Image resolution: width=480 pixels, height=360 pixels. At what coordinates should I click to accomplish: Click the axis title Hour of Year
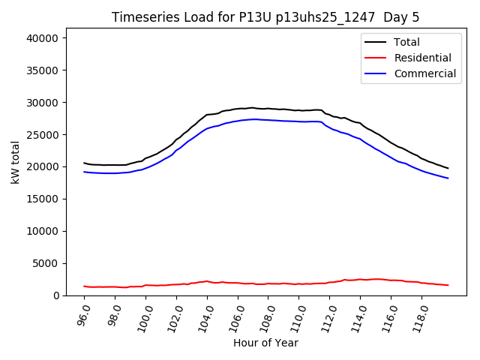[265, 343]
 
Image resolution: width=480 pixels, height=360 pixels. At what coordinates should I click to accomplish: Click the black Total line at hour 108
[268, 109]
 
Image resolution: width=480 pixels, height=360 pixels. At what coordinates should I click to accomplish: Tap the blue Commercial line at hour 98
[115, 173]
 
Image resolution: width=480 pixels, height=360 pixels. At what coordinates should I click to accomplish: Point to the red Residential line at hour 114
[359, 280]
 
